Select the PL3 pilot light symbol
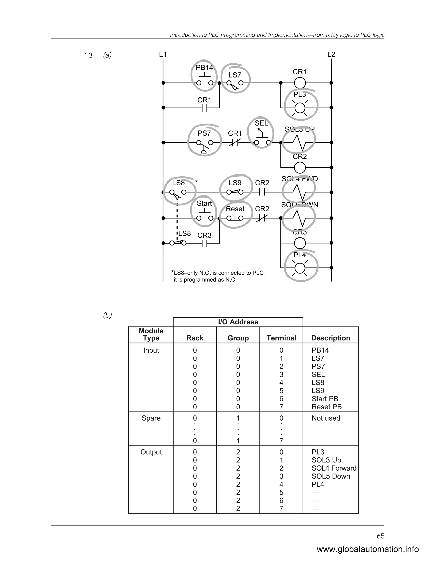[x=300, y=108]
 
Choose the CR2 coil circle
[x=300, y=167]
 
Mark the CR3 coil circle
[x=300, y=243]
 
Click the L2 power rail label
[x=331, y=54]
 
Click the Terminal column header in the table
[x=281, y=338]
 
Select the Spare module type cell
[x=151, y=418]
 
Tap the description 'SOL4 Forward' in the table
[x=334, y=468]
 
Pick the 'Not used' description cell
[x=326, y=418]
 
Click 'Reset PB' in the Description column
[x=327, y=407]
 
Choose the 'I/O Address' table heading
[x=238, y=322]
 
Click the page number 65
[x=380, y=536]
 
